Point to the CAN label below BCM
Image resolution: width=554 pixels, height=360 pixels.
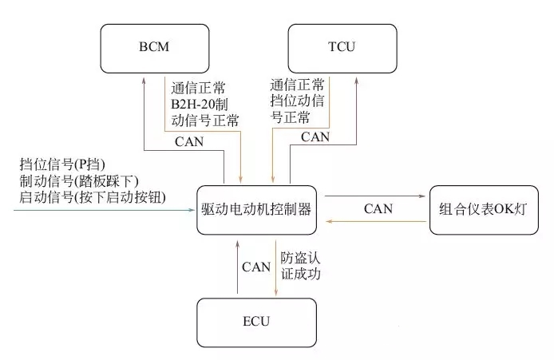pyautogui.click(x=189, y=142)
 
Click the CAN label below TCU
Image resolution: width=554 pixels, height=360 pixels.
pyautogui.click(x=315, y=136)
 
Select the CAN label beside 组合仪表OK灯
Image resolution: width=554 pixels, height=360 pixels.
pyautogui.click(x=378, y=209)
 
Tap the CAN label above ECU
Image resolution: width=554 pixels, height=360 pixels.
pyautogui.click(x=256, y=266)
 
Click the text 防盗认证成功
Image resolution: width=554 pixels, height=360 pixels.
pyautogui.click(x=300, y=266)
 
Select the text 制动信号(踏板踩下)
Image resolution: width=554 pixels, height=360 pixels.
pyautogui.click(x=79, y=180)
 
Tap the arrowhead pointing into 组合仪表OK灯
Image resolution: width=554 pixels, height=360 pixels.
pyautogui.click(x=425, y=196)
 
